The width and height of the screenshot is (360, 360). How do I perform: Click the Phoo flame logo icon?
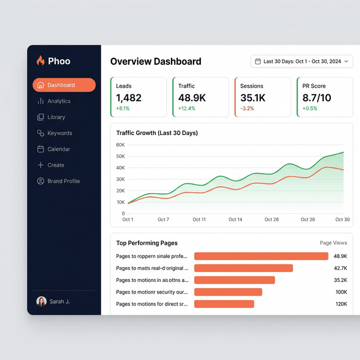click(40, 61)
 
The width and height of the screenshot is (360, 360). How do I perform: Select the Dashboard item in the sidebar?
click(64, 85)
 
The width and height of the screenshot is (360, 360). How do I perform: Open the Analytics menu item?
click(58, 101)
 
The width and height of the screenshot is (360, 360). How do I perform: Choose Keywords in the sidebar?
click(59, 133)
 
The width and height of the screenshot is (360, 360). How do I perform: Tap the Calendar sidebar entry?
click(58, 149)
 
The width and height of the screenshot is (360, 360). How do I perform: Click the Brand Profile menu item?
click(63, 181)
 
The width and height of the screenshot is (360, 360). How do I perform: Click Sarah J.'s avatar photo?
click(41, 301)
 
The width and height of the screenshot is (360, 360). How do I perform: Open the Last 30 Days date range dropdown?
click(302, 61)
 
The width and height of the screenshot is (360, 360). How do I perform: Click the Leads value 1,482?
click(129, 98)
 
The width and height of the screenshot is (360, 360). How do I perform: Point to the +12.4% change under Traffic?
click(187, 109)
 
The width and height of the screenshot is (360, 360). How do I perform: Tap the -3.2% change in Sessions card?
click(247, 109)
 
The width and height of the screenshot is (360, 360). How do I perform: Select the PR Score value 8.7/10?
click(317, 98)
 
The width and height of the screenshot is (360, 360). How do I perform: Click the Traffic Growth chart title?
click(157, 133)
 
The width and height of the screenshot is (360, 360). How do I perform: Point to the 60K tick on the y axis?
click(120, 145)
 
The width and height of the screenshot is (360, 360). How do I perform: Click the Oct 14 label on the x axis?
click(235, 219)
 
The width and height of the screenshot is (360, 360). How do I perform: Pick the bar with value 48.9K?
click(261, 256)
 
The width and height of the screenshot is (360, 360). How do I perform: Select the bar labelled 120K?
click(224, 304)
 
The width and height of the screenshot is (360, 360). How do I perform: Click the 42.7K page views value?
click(340, 268)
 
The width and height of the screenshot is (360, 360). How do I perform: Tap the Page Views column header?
click(333, 243)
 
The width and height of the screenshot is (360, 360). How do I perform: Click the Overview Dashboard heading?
click(156, 62)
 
